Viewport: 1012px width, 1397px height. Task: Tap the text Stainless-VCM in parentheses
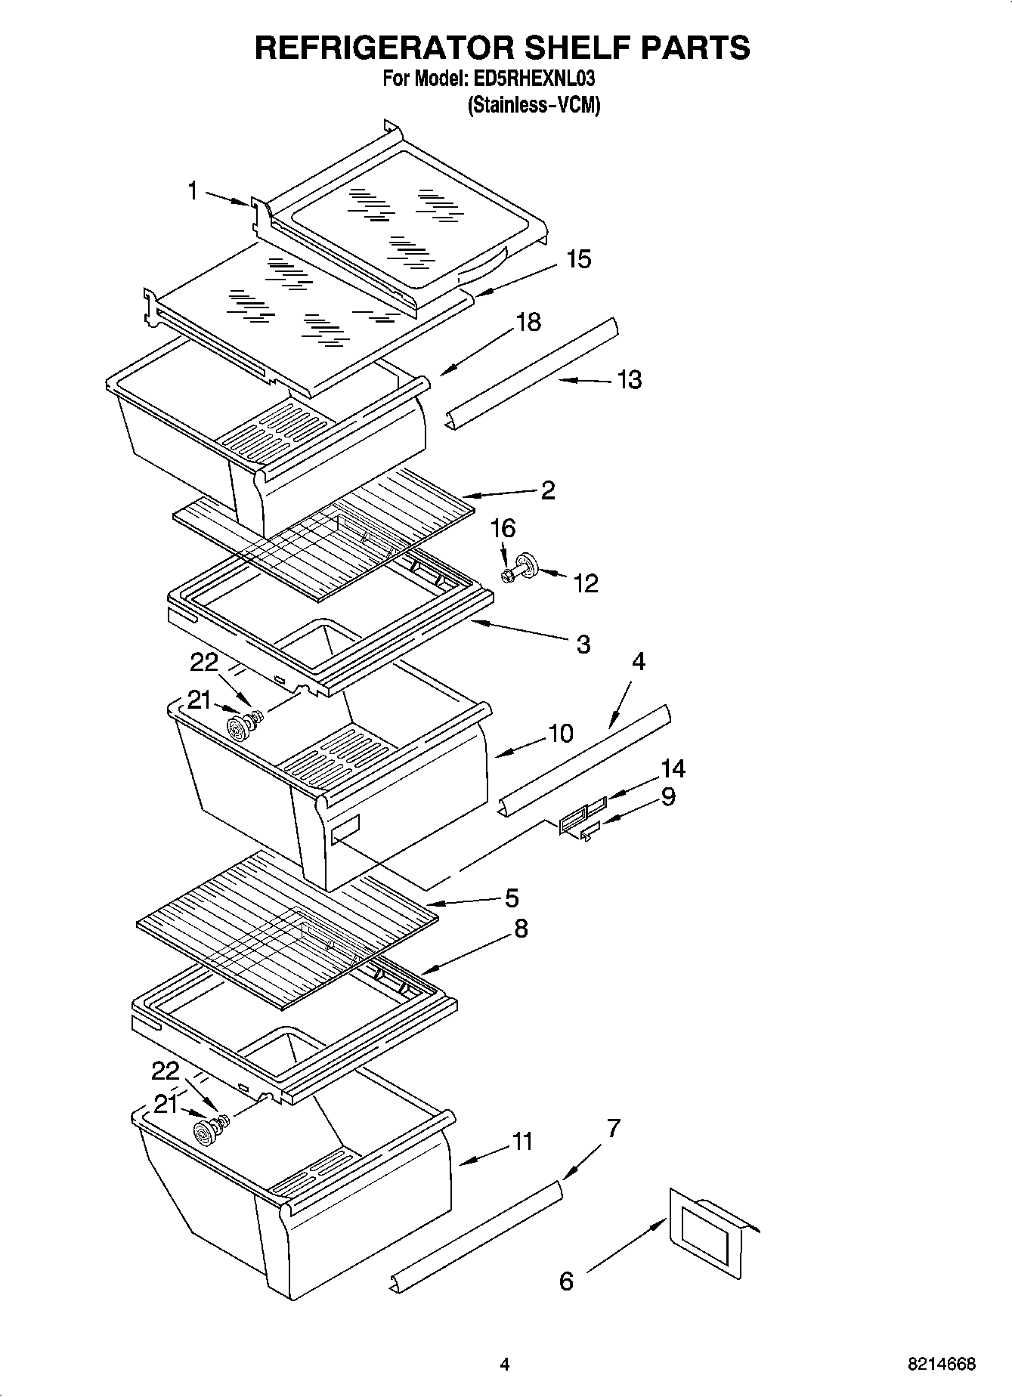534,104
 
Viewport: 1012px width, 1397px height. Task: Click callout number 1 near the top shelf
193,191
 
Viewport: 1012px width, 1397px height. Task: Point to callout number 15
578,259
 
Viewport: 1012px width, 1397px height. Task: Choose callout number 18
528,322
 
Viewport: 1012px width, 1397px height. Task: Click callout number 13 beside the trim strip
629,379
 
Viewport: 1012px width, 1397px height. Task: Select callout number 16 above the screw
503,528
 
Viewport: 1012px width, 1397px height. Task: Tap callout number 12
585,583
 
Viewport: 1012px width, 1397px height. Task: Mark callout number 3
583,644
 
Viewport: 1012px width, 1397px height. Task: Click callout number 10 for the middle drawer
560,733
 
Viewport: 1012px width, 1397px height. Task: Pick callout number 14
672,769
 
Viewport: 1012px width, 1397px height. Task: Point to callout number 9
668,796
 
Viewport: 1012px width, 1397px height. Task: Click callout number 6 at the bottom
566,1281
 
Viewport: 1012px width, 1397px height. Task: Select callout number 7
613,1129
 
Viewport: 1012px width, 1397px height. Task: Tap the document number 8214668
942,1364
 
